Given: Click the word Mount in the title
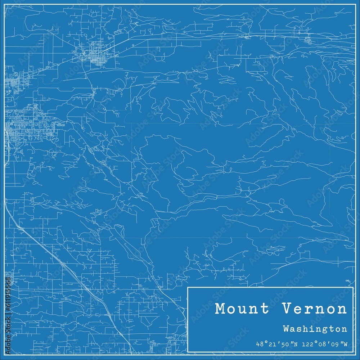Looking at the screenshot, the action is tap(242, 309).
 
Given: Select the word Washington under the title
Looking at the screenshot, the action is tap(315, 329).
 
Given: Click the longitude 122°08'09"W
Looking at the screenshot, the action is tap(325, 344).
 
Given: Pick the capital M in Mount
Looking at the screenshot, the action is tap(220, 309).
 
